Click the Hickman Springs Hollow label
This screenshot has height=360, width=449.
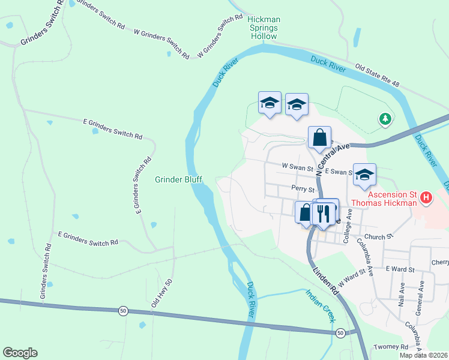point(264,28)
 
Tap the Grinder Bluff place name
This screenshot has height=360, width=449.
point(178,179)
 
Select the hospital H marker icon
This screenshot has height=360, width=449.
point(426,197)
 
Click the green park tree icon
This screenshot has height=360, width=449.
point(385,119)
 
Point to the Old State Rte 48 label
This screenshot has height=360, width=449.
point(377,74)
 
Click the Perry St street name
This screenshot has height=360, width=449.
point(303,188)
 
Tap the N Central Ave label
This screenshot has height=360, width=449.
point(332,157)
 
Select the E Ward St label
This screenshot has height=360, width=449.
point(400,269)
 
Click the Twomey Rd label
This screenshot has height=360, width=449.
point(391,347)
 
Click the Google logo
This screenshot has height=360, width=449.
point(20,352)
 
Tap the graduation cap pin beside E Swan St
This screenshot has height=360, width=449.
point(364,175)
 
